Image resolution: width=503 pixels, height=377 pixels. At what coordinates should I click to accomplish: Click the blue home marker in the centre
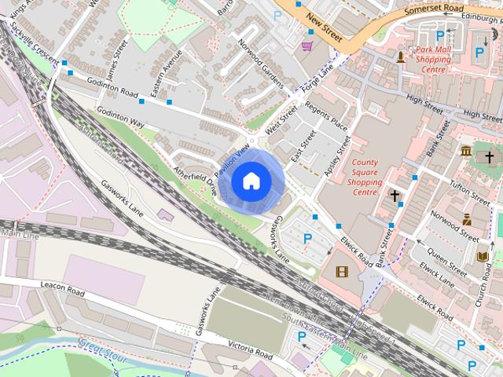(251, 181)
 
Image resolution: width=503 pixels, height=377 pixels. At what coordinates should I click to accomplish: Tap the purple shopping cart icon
(307, 46)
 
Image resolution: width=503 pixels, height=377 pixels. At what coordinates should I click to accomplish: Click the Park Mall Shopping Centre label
(433, 59)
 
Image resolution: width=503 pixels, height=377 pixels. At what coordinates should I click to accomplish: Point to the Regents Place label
(325, 117)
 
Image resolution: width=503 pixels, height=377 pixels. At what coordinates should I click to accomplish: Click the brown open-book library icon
(483, 257)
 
